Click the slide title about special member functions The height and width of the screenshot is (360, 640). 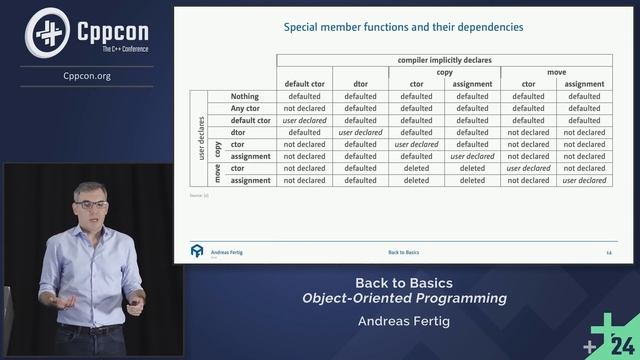coord(403,27)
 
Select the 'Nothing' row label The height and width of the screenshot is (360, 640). coord(245,96)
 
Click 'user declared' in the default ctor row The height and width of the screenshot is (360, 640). coord(304,120)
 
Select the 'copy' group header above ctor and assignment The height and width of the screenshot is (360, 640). coord(416,72)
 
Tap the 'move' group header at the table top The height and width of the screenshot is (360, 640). coord(556,72)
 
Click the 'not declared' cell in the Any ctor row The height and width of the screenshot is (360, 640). coord(304,108)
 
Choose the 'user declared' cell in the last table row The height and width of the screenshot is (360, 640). coord(584,180)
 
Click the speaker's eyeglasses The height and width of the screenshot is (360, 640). coord(91,204)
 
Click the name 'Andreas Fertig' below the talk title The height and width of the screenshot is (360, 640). coord(405,321)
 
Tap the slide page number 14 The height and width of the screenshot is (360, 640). coord(608,253)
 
